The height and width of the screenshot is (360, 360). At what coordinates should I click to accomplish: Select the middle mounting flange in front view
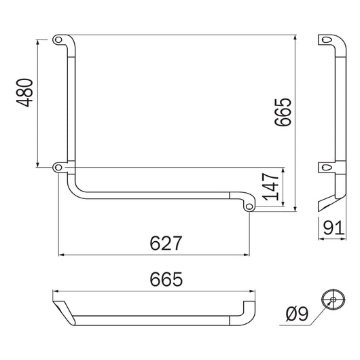click(x=62, y=166)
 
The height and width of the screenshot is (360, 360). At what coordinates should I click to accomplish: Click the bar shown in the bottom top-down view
click(x=156, y=318)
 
